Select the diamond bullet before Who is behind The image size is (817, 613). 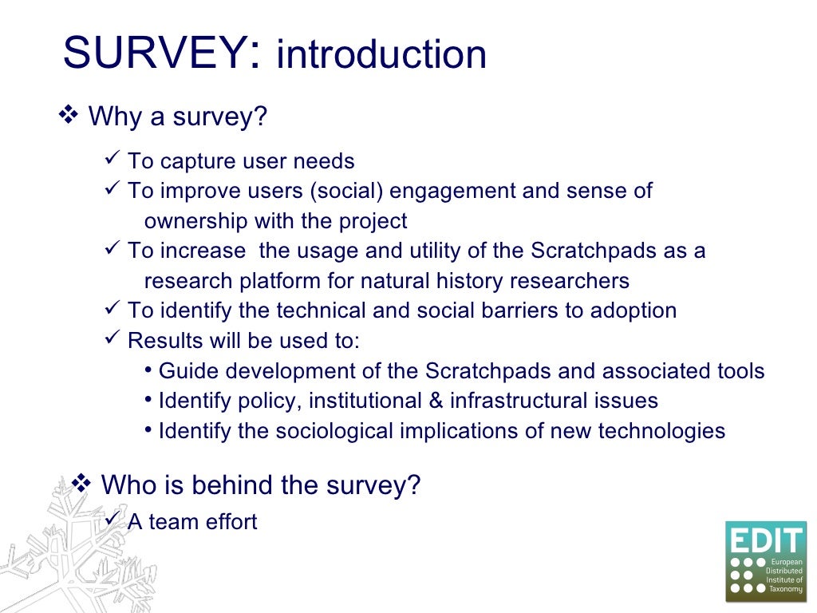click(x=81, y=483)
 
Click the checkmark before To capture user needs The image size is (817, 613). click(x=112, y=160)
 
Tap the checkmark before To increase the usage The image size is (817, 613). click(x=112, y=250)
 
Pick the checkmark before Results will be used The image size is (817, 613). click(x=112, y=339)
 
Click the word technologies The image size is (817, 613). click(x=661, y=431)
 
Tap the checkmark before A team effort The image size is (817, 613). click(x=112, y=520)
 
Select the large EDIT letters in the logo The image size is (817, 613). click(x=766, y=542)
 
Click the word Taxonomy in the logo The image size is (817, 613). click(x=785, y=588)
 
